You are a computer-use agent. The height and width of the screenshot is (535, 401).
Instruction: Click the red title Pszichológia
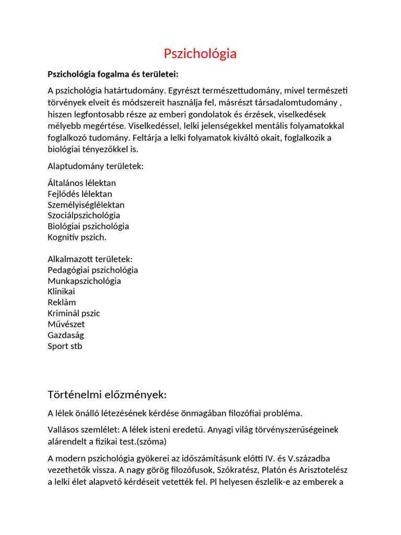click(200, 54)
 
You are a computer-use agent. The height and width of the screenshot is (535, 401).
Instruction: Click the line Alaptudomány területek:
click(96, 166)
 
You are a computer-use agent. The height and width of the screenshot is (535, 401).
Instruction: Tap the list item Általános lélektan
click(82, 183)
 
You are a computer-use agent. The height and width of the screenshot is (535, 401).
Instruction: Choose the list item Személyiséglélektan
click(86, 205)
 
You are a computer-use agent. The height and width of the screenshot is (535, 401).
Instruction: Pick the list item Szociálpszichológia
click(84, 215)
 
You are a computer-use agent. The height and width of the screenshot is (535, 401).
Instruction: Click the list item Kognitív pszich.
click(77, 237)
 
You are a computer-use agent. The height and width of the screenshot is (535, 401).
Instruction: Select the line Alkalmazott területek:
click(90, 259)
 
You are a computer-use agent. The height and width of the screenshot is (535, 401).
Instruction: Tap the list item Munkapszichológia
click(85, 281)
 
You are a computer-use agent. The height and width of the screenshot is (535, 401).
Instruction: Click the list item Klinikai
click(62, 292)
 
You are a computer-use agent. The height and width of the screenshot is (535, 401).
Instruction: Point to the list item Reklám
click(62, 303)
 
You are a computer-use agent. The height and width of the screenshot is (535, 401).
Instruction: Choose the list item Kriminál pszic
click(74, 313)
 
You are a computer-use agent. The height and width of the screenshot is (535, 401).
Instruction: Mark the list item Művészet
click(66, 324)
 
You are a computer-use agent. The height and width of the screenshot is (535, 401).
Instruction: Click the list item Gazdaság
click(66, 335)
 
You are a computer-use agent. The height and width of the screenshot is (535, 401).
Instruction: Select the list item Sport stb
click(65, 346)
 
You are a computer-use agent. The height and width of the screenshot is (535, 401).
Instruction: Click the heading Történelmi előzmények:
click(107, 394)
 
